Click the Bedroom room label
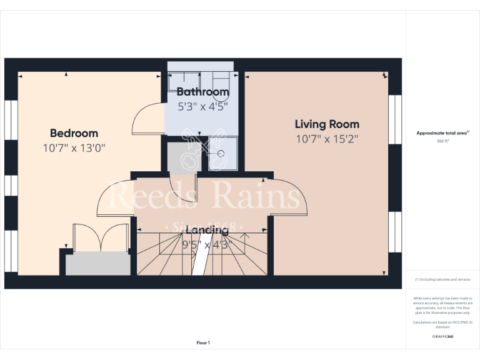point(74,133)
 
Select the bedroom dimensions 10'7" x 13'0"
point(74,148)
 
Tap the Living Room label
point(327,124)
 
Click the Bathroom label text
point(202,92)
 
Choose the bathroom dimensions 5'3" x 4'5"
point(202,106)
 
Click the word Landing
point(207,230)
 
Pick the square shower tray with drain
point(222,154)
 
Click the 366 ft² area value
point(443,141)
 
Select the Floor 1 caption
point(203,342)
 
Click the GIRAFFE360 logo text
point(443,337)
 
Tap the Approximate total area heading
point(442,133)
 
